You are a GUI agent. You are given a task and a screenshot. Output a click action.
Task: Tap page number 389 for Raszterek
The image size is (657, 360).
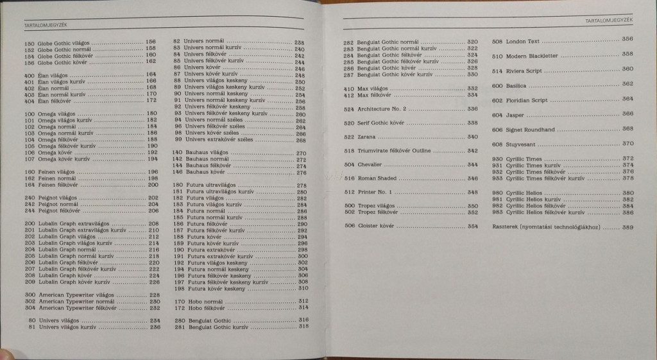tap(627, 227)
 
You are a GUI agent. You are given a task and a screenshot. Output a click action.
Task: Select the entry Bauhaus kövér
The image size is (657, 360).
tap(204, 173)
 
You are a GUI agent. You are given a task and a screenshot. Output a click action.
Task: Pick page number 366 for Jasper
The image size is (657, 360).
tap(627, 114)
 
